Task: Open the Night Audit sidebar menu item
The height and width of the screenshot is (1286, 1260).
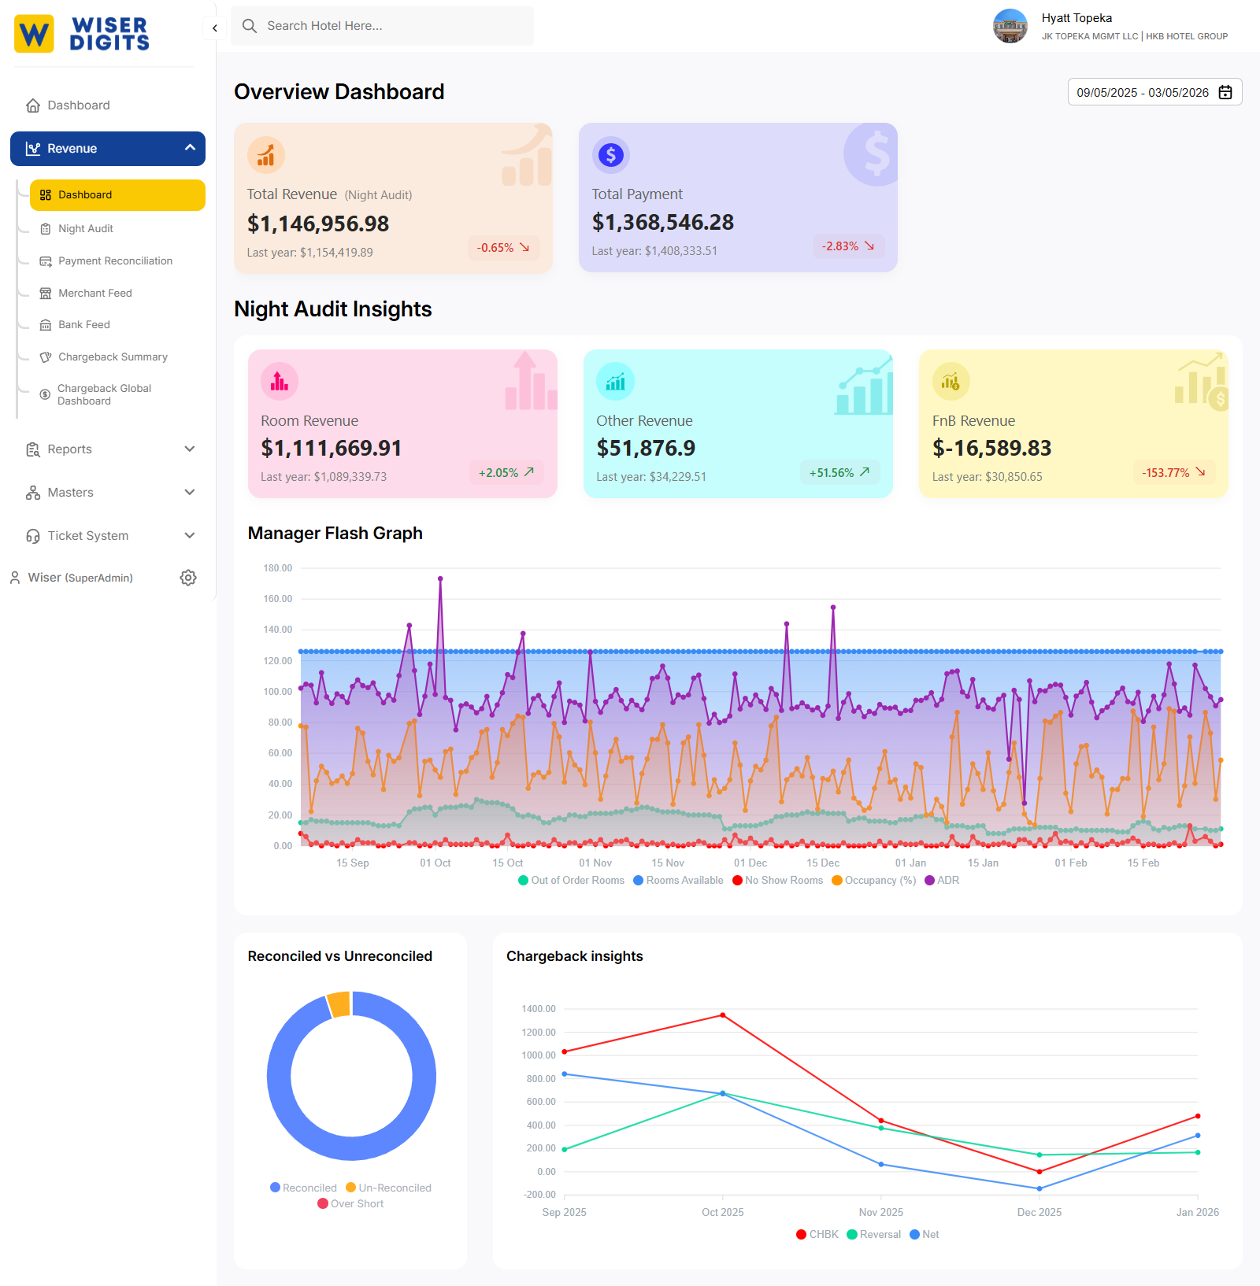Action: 86,228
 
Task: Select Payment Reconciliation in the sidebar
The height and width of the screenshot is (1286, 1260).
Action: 115,261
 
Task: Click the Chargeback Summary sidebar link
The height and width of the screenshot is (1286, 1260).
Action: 113,357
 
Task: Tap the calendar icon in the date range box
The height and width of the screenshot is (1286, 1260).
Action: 1225,92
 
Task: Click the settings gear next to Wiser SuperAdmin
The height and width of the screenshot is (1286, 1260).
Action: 187,578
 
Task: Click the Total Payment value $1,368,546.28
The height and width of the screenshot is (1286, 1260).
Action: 662,223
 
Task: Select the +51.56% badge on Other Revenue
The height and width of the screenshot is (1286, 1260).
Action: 839,472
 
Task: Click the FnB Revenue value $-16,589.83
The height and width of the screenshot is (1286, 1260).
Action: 991,448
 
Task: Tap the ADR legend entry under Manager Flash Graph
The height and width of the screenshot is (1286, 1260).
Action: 942,880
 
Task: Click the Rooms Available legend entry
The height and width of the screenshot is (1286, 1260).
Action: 678,880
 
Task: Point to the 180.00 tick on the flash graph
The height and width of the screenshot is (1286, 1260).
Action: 277,567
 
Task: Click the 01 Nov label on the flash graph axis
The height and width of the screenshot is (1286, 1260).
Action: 595,863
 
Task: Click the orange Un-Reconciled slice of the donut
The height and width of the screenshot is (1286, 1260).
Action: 339,1004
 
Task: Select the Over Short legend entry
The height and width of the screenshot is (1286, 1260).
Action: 350,1203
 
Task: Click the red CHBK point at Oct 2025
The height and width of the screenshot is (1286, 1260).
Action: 723,1015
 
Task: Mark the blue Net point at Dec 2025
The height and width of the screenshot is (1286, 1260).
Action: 1039,1188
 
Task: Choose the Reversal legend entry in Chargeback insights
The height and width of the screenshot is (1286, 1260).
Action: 873,1234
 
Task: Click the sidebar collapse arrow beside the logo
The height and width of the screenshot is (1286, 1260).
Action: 214,28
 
